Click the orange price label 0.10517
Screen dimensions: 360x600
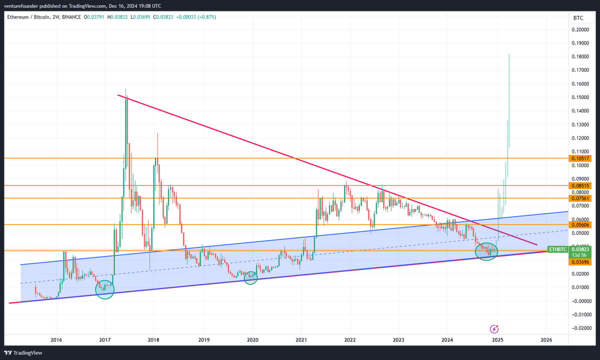click(x=580, y=158)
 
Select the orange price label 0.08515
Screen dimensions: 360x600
click(x=580, y=185)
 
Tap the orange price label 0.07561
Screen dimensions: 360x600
click(x=580, y=198)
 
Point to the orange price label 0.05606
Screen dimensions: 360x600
click(x=580, y=225)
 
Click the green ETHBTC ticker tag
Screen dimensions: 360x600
click(x=557, y=249)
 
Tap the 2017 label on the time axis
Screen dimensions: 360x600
click(x=105, y=340)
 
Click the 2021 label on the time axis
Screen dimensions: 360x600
click(x=301, y=340)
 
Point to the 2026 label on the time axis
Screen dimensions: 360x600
click(x=546, y=340)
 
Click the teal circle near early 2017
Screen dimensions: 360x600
click(x=105, y=289)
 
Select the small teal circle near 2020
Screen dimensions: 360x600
click(x=250, y=278)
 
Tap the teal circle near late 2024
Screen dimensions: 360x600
click(x=486, y=251)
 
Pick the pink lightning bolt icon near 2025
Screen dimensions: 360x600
click(x=494, y=328)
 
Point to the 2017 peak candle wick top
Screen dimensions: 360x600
click(x=126, y=89)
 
